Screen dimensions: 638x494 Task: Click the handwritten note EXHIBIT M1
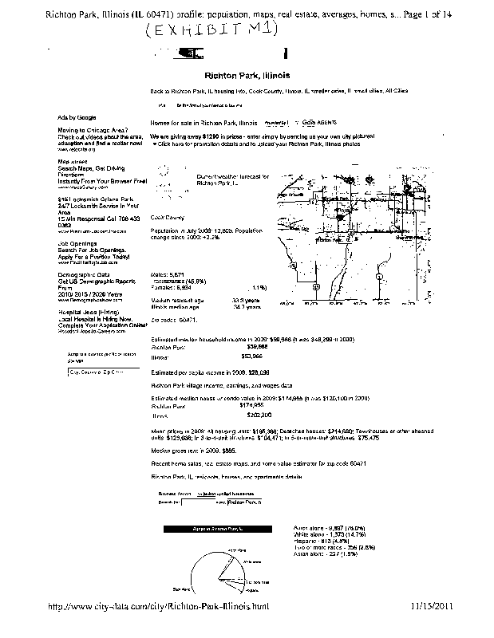point(211,30)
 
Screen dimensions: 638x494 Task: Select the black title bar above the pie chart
point(218,529)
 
